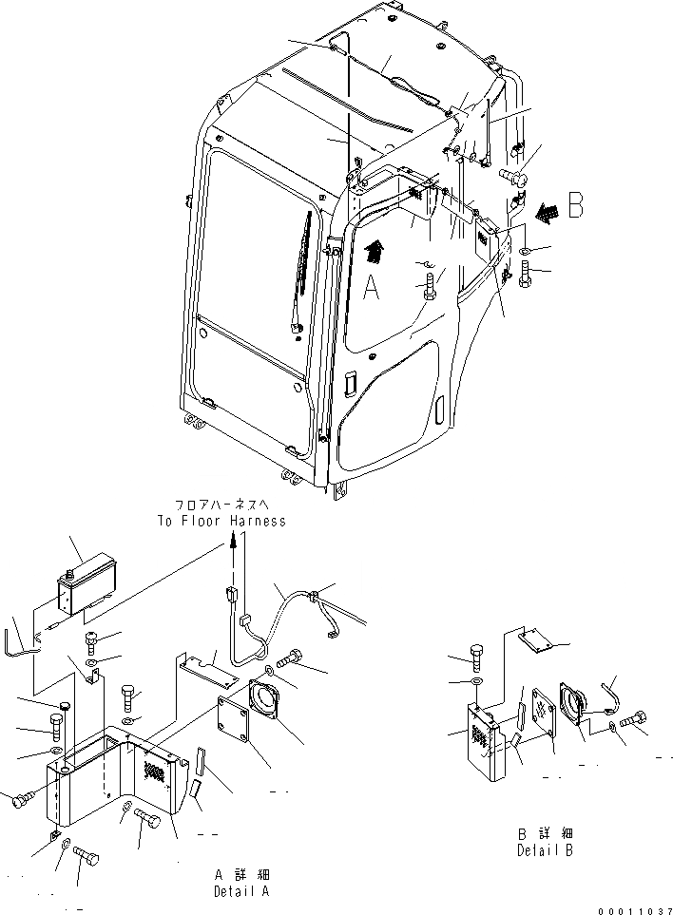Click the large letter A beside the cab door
click(372, 284)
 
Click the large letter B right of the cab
click(574, 208)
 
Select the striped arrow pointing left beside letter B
click(546, 214)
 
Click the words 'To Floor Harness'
click(221, 521)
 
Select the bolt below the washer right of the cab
click(529, 276)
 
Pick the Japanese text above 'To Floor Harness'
click(221, 505)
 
